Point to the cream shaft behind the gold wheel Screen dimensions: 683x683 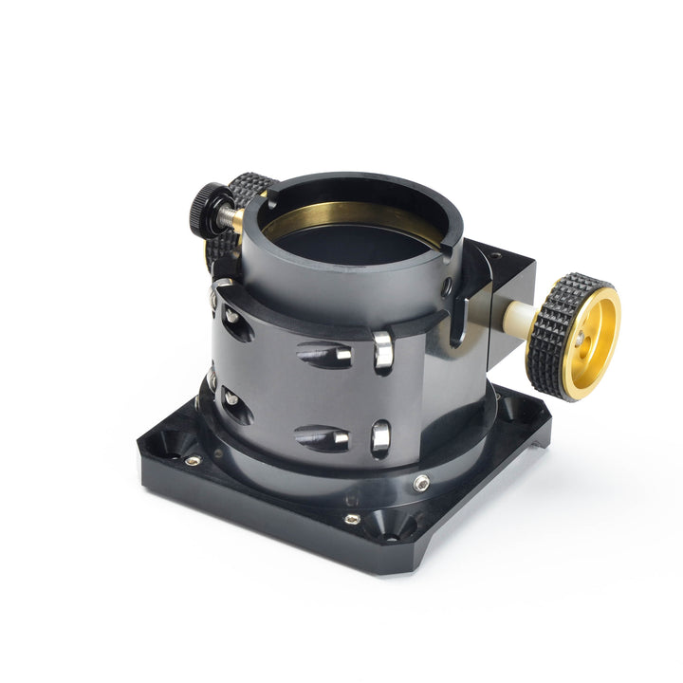tap(516, 315)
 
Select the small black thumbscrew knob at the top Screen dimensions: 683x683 tap(206, 208)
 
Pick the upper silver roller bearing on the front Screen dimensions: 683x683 tap(382, 350)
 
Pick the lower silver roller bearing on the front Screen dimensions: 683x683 tap(381, 437)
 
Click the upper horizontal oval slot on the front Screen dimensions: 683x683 tap(323, 355)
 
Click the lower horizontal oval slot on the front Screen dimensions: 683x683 tap(322, 437)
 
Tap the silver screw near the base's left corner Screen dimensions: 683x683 tap(193, 461)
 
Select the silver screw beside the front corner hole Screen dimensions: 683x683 tap(352, 519)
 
